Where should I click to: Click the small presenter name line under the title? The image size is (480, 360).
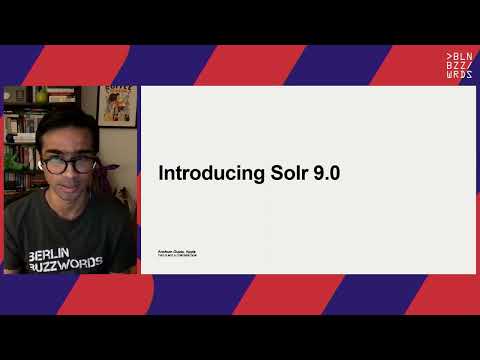click(x=176, y=249)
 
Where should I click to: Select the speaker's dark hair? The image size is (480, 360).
click(x=68, y=125)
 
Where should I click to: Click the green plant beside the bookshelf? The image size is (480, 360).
click(x=12, y=160)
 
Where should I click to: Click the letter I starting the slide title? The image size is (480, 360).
click(x=161, y=173)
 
